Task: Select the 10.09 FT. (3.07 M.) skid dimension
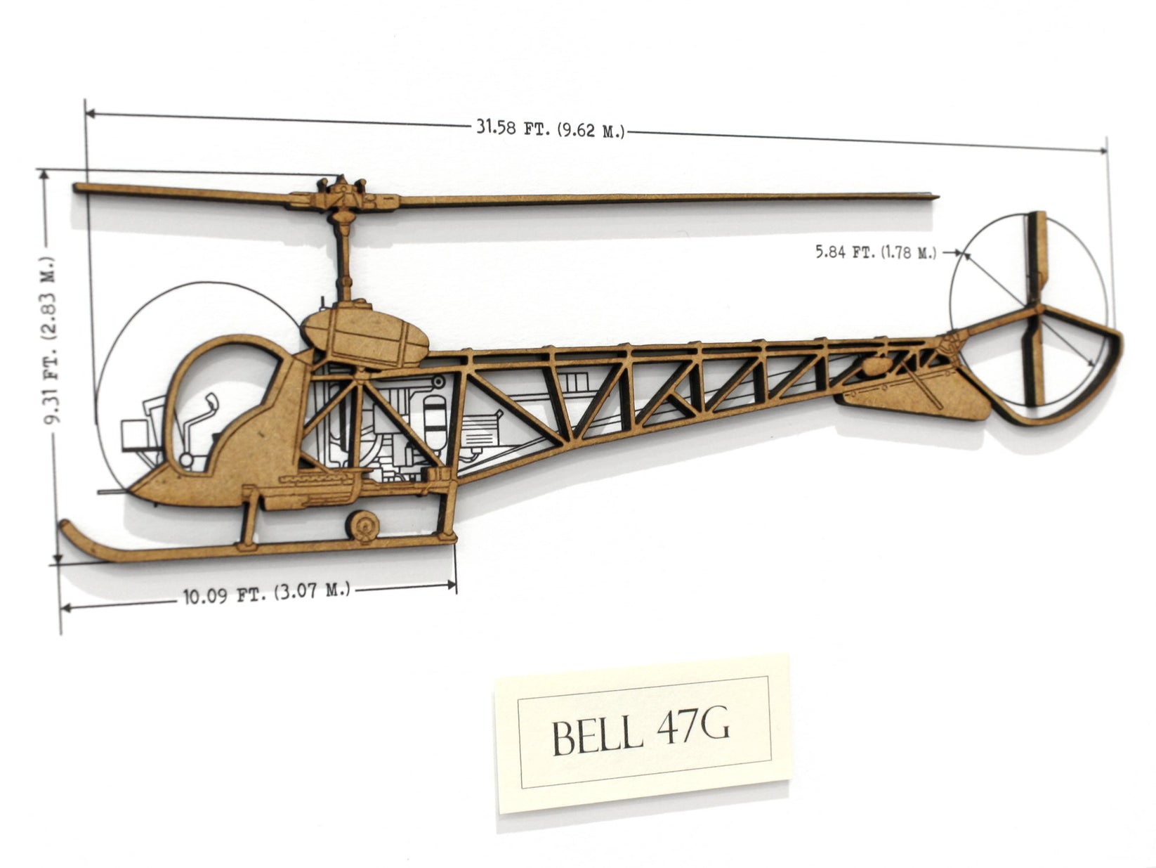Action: [266, 593]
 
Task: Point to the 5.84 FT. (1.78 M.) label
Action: [875, 252]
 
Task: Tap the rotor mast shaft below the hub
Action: [345, 260]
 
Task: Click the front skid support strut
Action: [247, 520]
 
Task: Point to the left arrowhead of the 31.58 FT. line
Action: [88, 112]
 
